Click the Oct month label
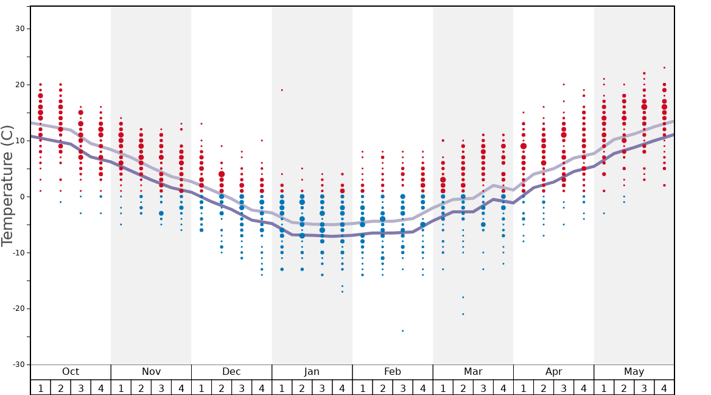[71, 372]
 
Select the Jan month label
[312, 372]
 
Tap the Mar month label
[473, 372]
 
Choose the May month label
[634, 372]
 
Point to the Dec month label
[231, 372]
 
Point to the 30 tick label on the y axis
[20, 29]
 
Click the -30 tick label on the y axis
[18, 365]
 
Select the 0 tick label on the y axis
[22, 197]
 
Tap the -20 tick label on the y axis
[18, 308]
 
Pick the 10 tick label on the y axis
[20, 141]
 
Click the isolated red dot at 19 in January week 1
[282, 90]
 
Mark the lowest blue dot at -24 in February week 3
[402, 331]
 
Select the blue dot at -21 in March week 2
[463, 314]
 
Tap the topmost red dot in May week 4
[664, 68]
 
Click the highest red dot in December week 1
[201, 124]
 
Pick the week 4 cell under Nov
[181, 388]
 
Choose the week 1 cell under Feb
[362, 388]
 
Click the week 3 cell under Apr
[564, 388]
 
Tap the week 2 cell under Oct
[61, 388]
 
